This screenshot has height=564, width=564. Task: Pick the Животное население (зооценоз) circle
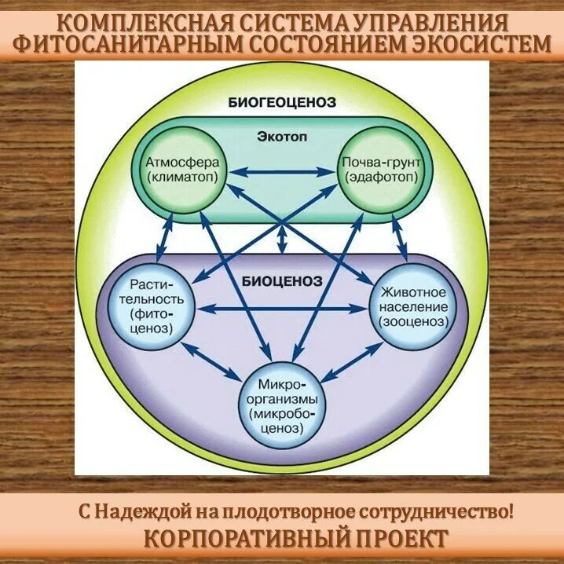pyautogui.click(x=412, y=306)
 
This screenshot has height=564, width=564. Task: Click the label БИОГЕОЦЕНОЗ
pyautogui.click(x=282, y=102)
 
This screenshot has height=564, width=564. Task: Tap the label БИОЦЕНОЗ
pyautogui.click(x=281, y=280)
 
